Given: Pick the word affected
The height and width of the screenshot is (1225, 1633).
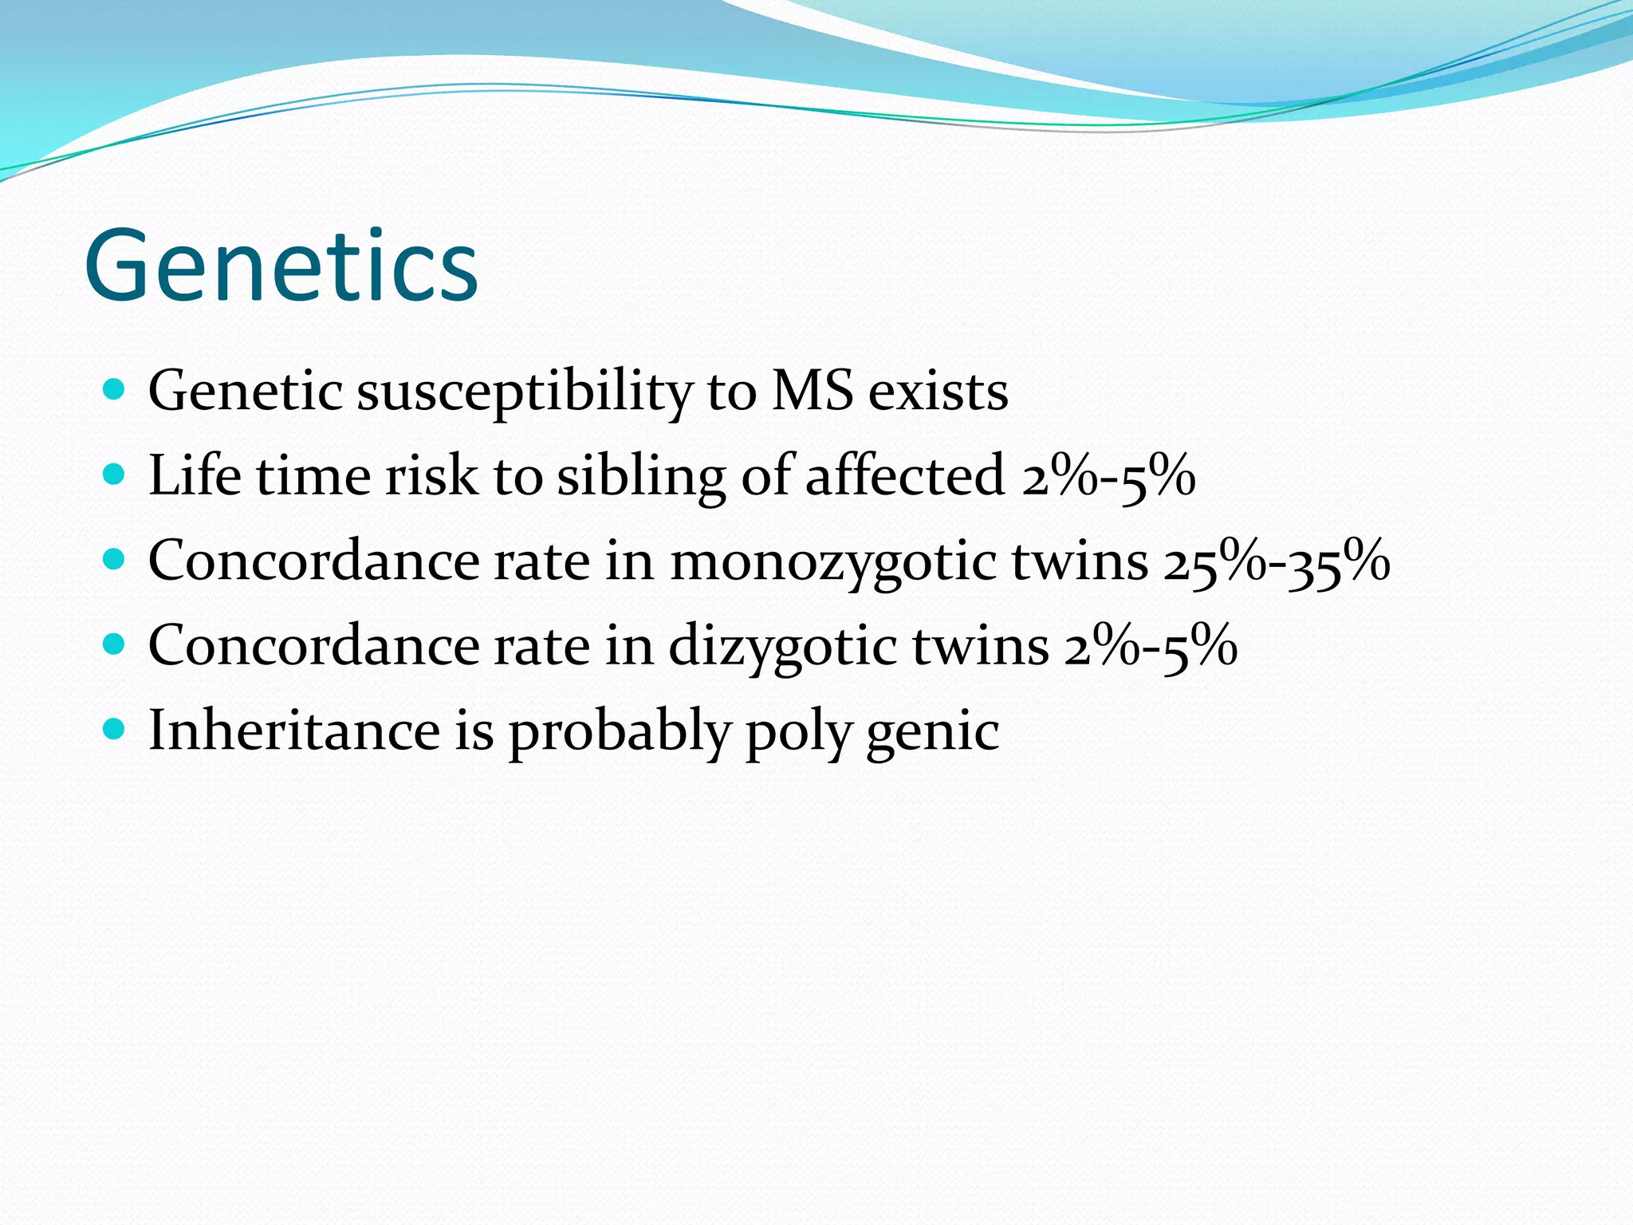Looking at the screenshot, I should click(x=904, y=475).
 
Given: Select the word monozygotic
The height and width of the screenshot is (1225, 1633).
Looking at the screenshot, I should click(x=833, y=561).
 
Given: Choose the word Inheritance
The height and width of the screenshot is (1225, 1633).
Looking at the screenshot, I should click(x=294, y=731).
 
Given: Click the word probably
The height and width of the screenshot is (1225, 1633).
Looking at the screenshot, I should click(x=619, y=732).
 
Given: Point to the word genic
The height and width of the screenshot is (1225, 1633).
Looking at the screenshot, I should click(x=932, y=732).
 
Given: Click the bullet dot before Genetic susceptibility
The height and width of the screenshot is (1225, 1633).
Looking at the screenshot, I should click(x=115, y=390).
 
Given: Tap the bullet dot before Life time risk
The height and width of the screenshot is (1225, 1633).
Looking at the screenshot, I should click(x=115, y=475).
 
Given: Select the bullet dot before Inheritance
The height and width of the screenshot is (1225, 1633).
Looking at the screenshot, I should click(x=115, y=728).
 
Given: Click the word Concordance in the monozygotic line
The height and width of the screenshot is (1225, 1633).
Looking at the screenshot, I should click(x=313, y=561).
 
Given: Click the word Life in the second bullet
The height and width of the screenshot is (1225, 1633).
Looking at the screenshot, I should click(x=195, y=475).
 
